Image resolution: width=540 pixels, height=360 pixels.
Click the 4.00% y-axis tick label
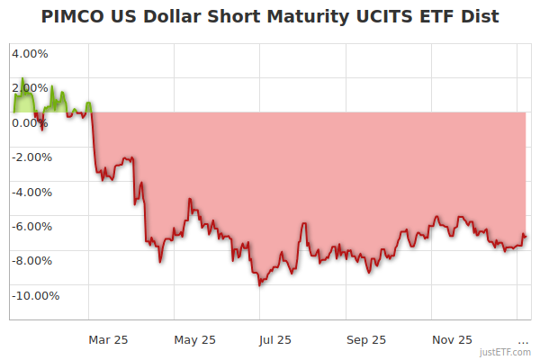31,53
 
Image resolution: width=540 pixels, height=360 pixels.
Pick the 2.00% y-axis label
31,88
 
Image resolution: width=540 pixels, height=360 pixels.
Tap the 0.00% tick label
31,122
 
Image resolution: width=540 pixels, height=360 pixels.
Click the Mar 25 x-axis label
108,339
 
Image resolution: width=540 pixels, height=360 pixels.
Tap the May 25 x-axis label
195,339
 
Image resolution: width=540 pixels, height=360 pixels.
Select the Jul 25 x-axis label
275,339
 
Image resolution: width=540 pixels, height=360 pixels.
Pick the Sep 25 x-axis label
366,339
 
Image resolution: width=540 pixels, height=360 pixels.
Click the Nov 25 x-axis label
452,339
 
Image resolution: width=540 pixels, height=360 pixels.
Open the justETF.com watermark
505,352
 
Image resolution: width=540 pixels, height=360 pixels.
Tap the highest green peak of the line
22,79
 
